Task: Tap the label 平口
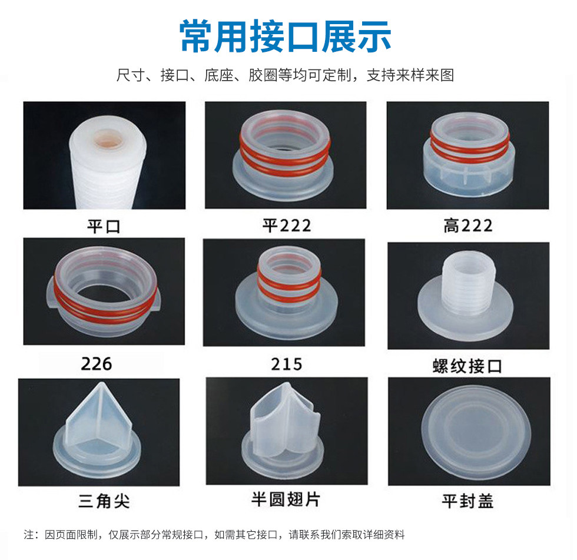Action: [x=104, y=226]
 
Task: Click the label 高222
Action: [x=467, y=226]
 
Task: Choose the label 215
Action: [x=286, y=364]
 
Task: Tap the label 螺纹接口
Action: [x=467, y=366]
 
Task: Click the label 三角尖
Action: [x=104, y=501]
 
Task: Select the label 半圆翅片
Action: [x=286, y=499]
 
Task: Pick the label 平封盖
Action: [x=467, y=501]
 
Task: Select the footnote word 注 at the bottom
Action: [x=28, y=535]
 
